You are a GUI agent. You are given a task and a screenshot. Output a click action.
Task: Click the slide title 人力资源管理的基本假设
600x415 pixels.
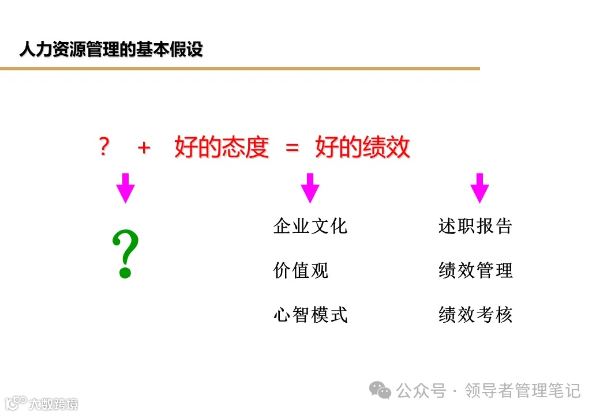pos(111,50)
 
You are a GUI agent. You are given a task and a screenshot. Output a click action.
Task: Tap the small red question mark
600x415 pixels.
pos(104,148)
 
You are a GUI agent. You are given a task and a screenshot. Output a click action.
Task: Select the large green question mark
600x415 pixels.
pos(125,254)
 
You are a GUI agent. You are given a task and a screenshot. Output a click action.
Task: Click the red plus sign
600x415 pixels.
pos(144,148)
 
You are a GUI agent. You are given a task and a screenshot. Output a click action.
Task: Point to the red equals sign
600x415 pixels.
pos(292,148)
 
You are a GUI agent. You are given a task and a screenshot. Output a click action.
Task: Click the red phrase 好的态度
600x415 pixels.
pos(222,148)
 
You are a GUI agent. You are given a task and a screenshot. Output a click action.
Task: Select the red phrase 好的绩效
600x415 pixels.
pos(362,148)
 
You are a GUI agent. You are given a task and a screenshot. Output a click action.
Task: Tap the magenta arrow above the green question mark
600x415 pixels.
pos(125,187)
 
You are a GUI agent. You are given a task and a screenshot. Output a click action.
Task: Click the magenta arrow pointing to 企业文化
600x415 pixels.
pos(310,187)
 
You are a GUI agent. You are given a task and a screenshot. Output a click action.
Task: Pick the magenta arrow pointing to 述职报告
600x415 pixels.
pos(479,187)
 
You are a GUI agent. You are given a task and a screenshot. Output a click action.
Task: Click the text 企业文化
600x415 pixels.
pos(310,226)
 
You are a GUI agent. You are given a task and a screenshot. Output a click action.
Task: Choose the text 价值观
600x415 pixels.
pos(301,270)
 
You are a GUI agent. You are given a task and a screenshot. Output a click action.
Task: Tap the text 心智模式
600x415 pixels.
pos(310,315)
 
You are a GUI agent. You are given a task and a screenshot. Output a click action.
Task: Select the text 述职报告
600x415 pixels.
pos(475,226)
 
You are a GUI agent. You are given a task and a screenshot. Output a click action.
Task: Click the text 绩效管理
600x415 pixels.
pos(475,270)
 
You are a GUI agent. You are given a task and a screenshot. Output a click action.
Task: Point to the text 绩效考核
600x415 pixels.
pos(475,315)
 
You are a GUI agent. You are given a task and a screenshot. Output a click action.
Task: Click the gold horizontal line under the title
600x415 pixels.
pos(239,69)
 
